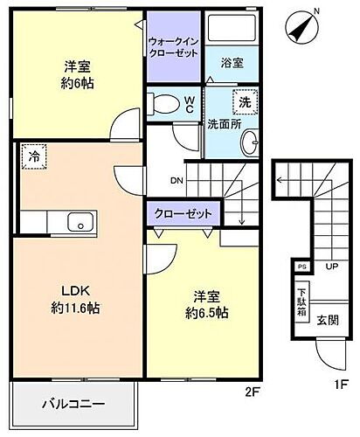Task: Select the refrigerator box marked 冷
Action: point(33,157)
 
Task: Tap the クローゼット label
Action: point(184,213)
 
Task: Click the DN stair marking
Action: point(176,182)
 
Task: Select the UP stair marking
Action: point(333,266)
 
